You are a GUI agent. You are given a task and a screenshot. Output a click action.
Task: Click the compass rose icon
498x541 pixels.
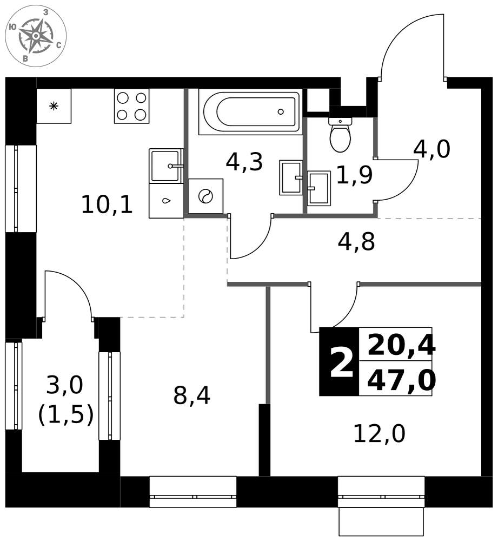[x=36, y=36]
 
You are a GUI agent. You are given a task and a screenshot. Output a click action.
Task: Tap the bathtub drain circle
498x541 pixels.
[x=281, y=111]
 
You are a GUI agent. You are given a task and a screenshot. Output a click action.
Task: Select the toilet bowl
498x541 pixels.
[x=341, y=135]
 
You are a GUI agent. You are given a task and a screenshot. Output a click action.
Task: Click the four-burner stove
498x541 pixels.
[x=132, y=106]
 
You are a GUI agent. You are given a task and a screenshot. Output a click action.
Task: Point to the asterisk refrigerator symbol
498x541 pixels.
[x=54, y=106]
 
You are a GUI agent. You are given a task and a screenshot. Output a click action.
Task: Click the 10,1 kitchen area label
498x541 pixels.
[x=107, y=204]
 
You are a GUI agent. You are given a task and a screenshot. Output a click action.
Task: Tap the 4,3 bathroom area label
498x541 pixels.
[x=244, y=162]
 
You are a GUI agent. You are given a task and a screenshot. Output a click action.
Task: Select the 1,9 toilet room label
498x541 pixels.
[x=355, y=175]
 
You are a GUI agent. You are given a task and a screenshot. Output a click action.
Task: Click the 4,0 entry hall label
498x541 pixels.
[x=432, y=149]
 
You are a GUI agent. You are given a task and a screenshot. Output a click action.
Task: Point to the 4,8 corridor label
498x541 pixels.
[x=356, y=242]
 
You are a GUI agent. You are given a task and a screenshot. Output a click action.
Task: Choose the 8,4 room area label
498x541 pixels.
[x=192, y=395]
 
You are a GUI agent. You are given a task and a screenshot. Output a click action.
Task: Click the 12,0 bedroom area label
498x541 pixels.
[x=380, y=434]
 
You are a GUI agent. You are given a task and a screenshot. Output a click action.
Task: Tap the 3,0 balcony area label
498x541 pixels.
[x=65, y=385]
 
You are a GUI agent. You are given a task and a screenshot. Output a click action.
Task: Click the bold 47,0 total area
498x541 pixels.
[x=401, y=380]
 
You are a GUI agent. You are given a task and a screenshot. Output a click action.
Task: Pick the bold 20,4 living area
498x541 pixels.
[x=401, y=345]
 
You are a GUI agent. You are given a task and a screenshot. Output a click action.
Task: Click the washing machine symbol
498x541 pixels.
[x=205, y=196]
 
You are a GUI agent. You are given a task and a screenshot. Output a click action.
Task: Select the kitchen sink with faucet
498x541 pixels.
[x=166, y=166]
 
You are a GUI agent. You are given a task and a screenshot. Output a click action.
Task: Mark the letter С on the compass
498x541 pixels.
[x=59, y=44]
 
